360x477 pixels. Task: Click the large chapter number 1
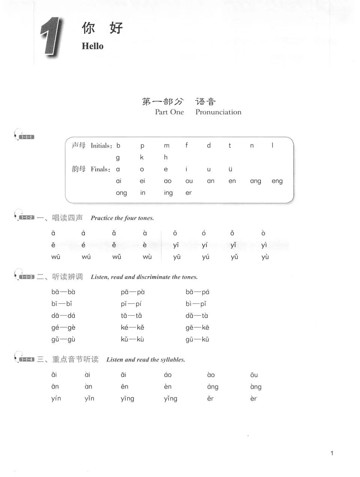[51, 37]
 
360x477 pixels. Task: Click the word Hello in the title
[93, 46]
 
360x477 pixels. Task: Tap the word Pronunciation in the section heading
[218, 112]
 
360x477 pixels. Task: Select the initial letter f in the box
[186, 145]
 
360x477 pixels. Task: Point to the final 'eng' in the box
[277, 181]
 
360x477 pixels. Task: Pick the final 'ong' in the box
[121, 193]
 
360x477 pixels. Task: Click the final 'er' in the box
[188, 193]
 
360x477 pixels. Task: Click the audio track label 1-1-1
[26, 137]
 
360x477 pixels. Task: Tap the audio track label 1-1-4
[26, 360]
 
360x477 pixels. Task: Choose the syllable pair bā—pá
[197, 292]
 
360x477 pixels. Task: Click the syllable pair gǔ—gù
[63, 339]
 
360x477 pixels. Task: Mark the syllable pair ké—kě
[132, 327]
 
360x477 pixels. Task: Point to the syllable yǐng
[170, 399]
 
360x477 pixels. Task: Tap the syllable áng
[213, 387]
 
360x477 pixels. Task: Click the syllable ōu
[254, 375]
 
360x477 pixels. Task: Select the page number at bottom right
[332, 453]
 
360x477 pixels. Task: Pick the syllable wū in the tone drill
[56, 257]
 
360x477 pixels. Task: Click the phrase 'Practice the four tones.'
[122, 218]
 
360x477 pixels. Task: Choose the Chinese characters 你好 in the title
[102, 28]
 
